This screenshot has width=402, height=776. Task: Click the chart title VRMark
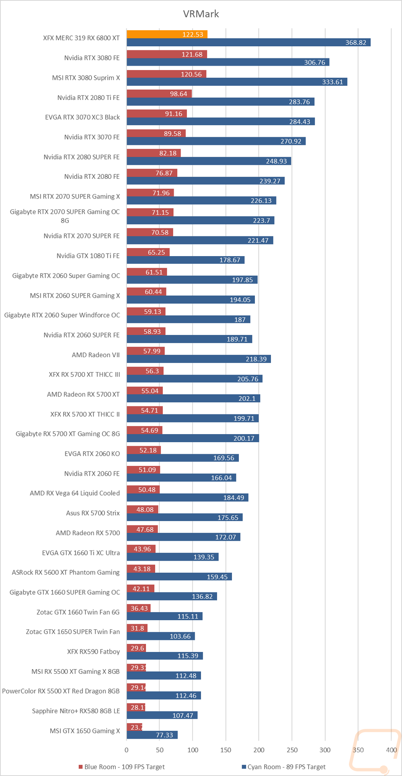pos(201,14)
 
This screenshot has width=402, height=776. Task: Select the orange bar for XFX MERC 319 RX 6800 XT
pos(167,34)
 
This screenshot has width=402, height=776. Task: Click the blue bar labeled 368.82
pos(248,42)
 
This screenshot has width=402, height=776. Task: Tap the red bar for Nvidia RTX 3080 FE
pos(166,54)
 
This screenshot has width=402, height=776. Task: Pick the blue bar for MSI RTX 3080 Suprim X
pos(237,82)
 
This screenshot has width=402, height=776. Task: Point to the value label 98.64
pos(178,94)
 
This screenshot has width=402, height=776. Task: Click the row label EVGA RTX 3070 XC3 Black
pos(82,117)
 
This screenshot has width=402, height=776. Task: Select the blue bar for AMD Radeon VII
pos(199,359)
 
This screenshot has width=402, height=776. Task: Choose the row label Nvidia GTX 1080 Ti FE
pos(88,256)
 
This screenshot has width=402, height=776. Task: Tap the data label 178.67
pos(230,260)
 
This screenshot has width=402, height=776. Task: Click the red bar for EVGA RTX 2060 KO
pos(144,450)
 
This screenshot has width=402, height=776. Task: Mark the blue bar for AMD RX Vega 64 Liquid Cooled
pos(187,498)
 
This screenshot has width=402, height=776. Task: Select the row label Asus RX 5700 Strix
pos(93,513)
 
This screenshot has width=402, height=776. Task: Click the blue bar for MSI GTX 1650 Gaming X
pos(152,735)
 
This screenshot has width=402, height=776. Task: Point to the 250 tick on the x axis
pos(292,750)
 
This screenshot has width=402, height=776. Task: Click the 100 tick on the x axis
pos(193,750)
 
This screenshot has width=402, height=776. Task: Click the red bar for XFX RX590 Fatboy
pos(136,648)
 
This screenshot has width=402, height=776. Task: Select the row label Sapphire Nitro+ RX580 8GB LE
pos(76,711)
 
